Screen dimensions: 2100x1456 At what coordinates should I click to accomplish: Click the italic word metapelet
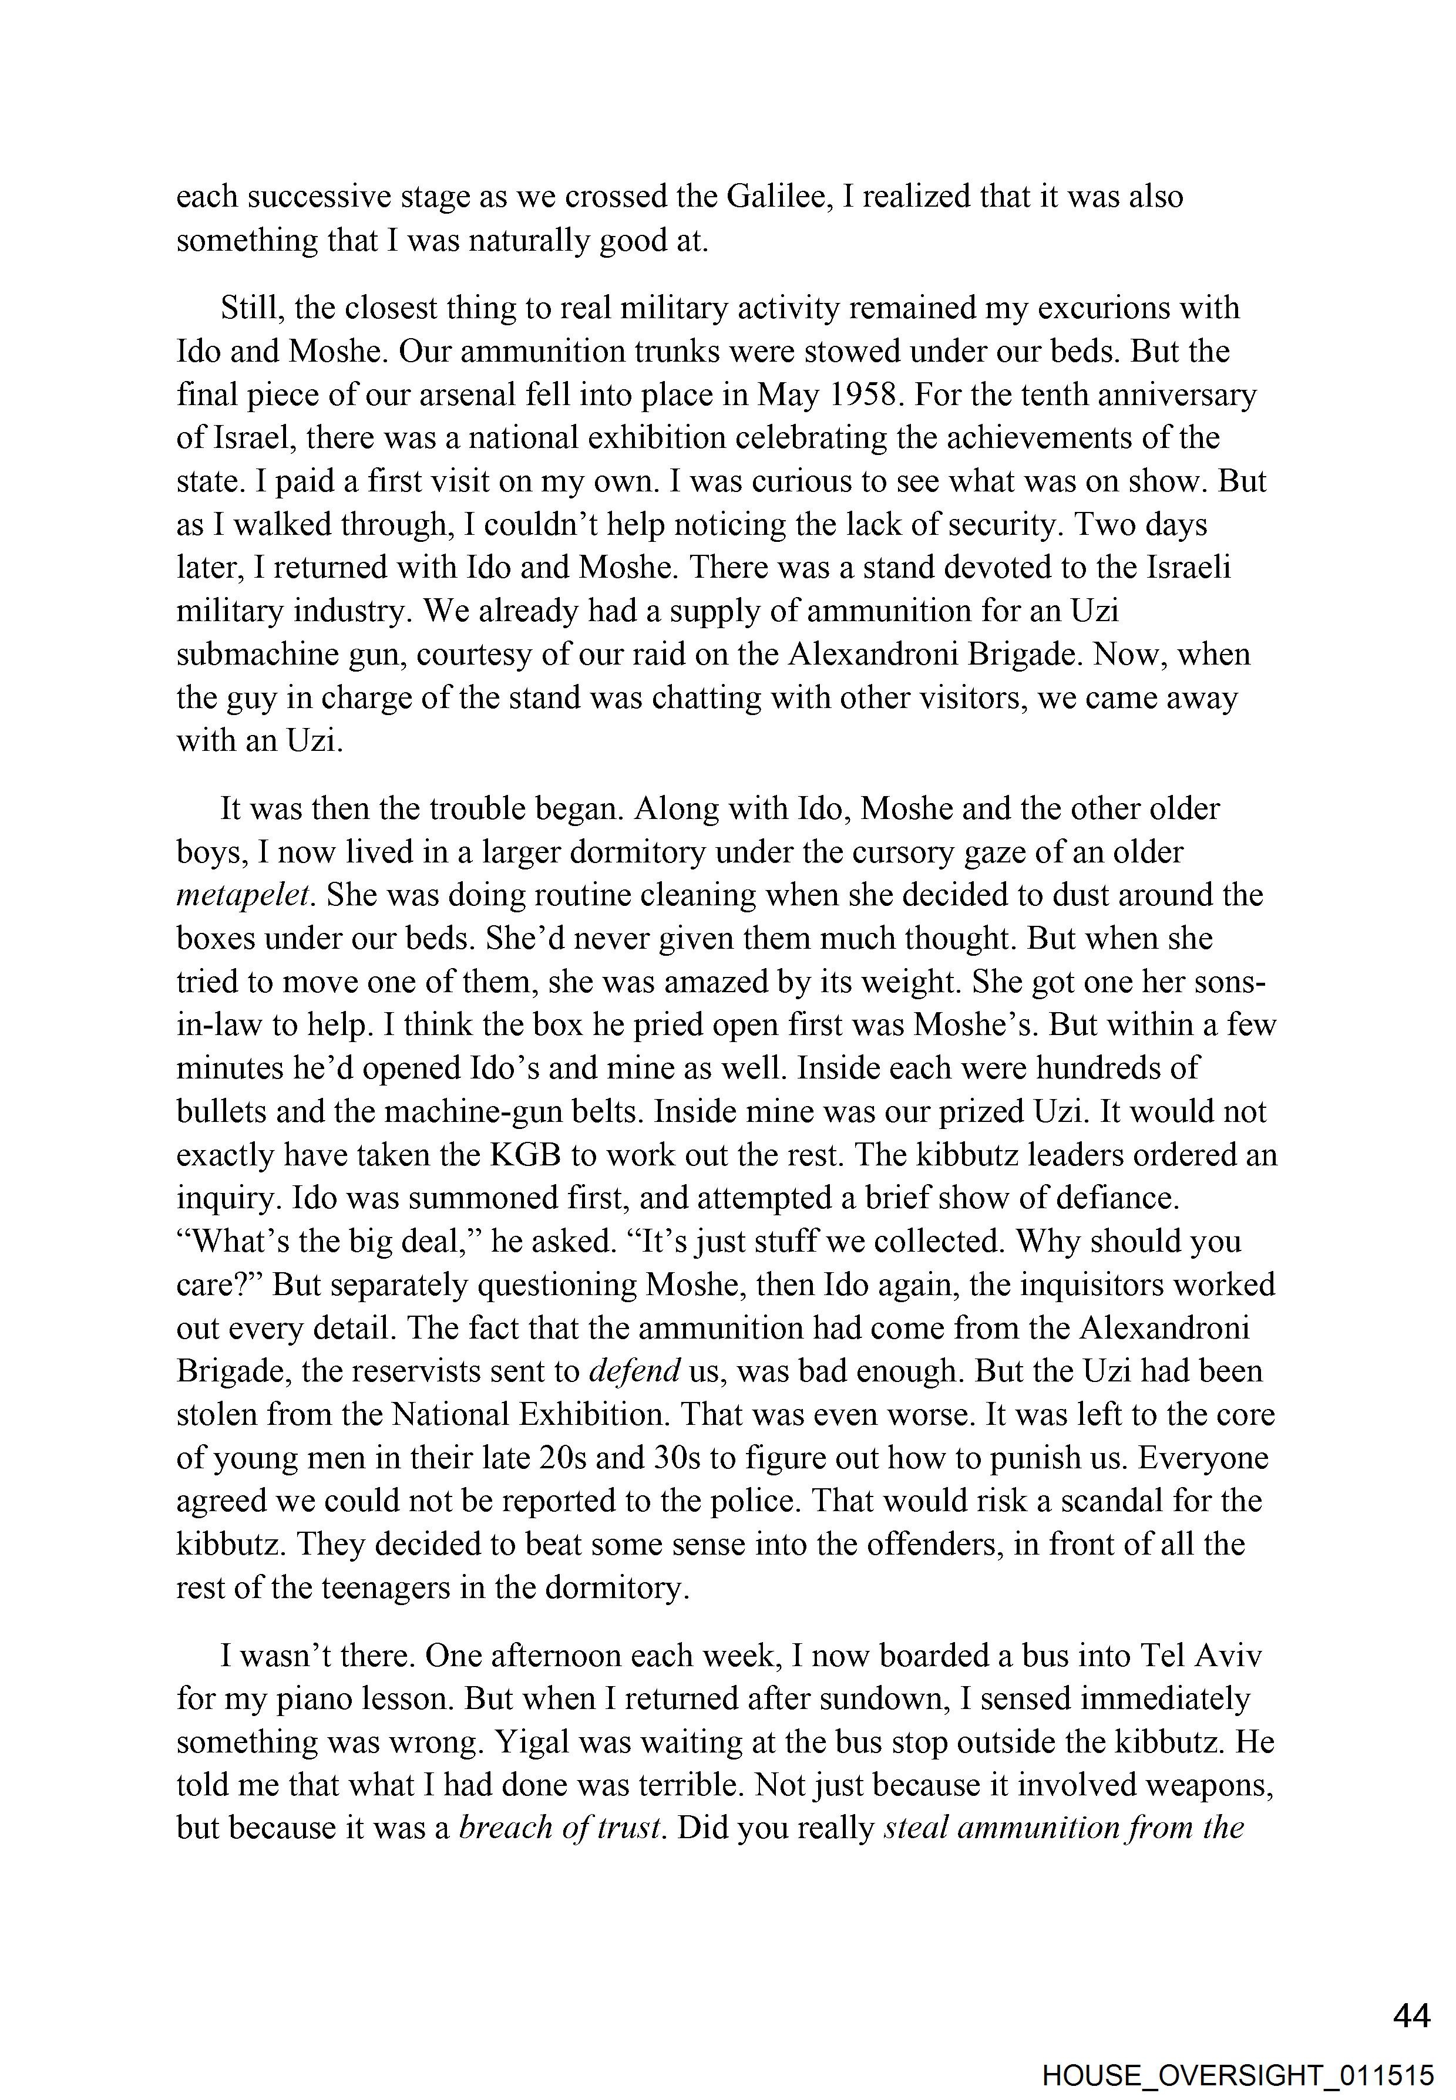(244, 895)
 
